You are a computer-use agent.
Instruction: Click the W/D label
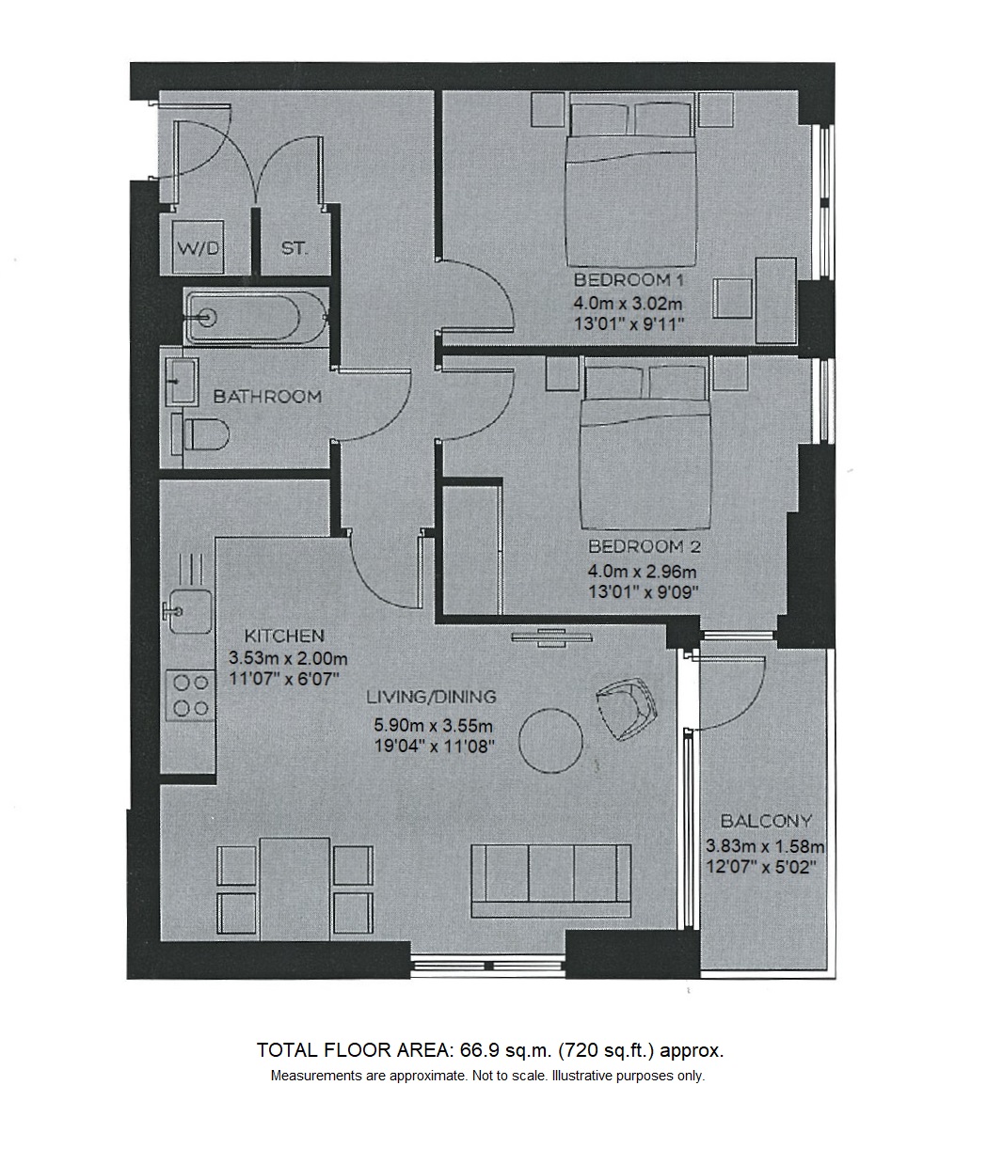click(x=198, y=248)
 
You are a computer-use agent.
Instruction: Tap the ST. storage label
click(x=295, y=248)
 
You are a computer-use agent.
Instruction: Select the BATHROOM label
click(x=267, y=397)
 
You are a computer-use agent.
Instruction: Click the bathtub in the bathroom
click(x=256, y=317)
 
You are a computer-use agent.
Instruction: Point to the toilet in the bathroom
click(x=200, y=434)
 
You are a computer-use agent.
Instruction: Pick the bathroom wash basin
click(x=182, y=382)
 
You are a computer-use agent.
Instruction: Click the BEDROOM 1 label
click(x=630, y=280)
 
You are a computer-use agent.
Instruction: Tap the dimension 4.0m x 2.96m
click(x=643, y=573)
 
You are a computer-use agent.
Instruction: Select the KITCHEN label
click(x=284, y=637)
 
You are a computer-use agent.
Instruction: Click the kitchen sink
click(x=188, y=611)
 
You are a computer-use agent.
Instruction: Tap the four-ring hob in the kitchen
click(x=190, y=696)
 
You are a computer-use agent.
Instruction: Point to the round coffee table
click(x=550, y=741)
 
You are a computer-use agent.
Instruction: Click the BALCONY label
click(x=766, y=822)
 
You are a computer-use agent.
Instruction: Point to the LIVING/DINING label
click(x=432, y=697)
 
